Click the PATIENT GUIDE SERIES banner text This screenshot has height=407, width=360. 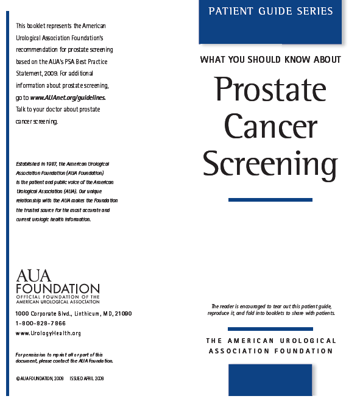tap(270, 12)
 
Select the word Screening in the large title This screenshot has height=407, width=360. tap(270, 163)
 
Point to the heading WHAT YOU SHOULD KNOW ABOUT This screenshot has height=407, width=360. tap(270, 60)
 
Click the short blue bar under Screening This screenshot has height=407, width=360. tap(270, 200)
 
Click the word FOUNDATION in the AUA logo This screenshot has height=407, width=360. tap(58, 288)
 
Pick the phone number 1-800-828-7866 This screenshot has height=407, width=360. tap(40, 324)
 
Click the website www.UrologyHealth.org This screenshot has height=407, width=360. tap(48, 333)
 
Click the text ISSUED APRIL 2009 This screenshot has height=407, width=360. tap(86, 378)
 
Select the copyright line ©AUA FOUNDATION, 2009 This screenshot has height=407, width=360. tap(40, 378)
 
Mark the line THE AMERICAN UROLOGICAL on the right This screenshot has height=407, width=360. tap(270, 341)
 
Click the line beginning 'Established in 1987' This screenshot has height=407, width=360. tap(62, 164)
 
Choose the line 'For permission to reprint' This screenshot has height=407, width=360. tap(59, 355)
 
